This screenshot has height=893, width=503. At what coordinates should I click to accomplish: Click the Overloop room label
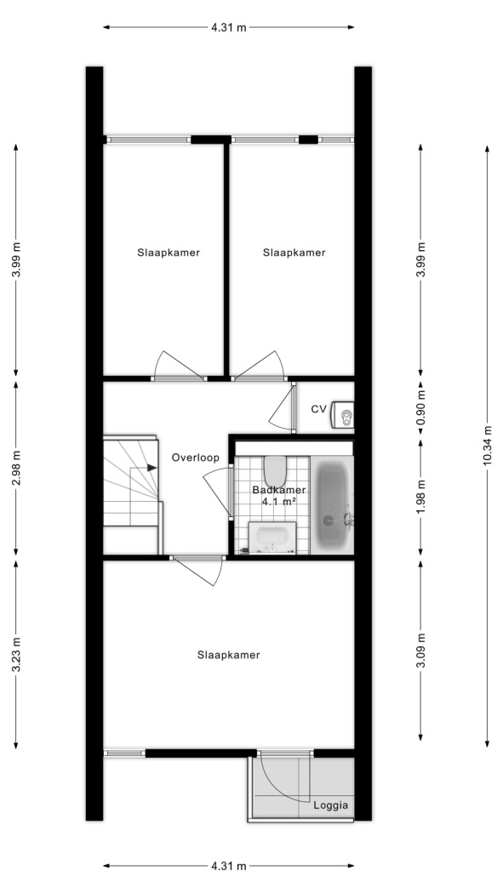click(196, 458)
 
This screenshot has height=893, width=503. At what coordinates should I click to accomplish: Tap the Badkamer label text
click(279, 490)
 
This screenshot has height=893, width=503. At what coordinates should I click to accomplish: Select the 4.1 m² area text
click(278, 501)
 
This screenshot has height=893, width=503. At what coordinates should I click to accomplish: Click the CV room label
click(318, 408)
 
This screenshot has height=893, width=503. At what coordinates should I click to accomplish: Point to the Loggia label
click(330, 805)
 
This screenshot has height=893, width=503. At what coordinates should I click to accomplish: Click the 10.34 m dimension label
click(488, 446)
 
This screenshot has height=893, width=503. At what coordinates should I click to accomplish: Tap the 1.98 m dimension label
click(421, 496)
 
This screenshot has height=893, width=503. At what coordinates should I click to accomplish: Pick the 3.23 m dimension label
click(16, 653)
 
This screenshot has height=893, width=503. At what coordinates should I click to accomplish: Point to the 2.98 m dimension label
click(16, 468)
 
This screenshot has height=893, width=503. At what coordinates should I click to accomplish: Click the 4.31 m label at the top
click(229, 26)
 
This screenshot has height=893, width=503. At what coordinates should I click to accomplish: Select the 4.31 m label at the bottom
click(229, 867)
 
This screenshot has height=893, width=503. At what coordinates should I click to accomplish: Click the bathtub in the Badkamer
click(332, 504)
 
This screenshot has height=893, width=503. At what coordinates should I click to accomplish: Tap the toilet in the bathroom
click(275, 470)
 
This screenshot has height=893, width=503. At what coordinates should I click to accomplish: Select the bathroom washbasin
click(273, 537)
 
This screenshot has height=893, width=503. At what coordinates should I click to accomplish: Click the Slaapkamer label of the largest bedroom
click(228, 655)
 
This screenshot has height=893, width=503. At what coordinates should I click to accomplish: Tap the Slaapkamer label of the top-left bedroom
click(169, 253)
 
